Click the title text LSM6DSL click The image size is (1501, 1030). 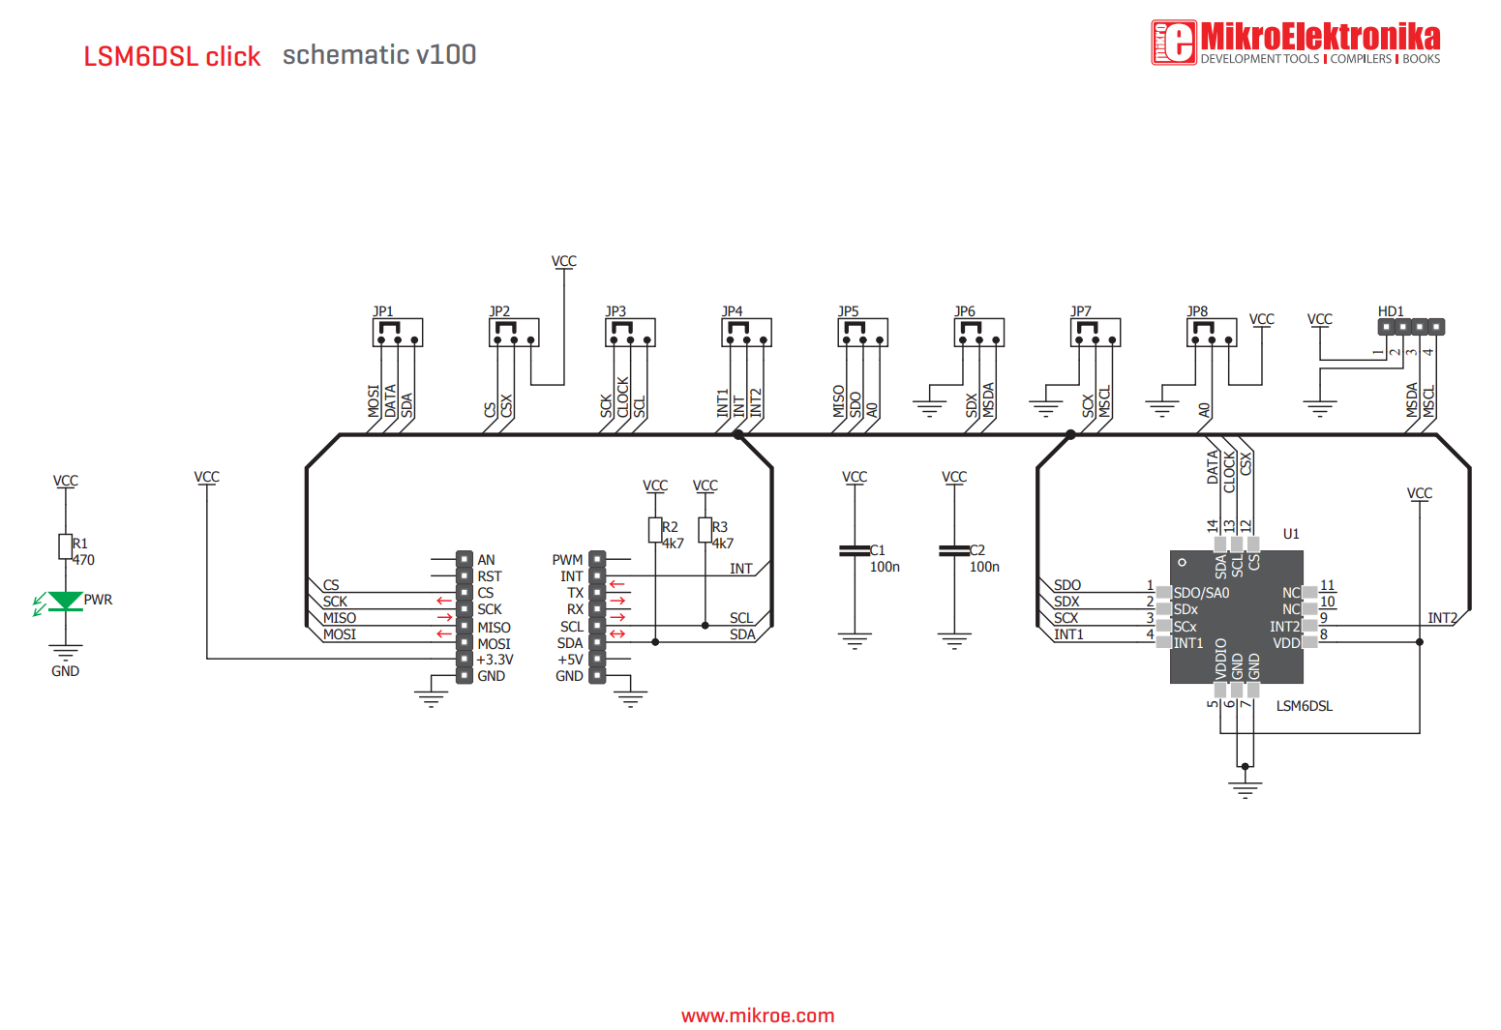[171, 56]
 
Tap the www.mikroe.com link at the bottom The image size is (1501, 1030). [757, 1015]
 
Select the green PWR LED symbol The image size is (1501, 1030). [65, 602]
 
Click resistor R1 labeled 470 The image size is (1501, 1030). [65, 546]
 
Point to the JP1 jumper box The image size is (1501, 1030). [397, 333]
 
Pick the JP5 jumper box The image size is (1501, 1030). [862, 333]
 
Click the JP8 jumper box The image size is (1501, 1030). [1211, 333]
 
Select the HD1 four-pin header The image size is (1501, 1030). [1410, 327]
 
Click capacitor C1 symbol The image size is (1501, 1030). [855, 550]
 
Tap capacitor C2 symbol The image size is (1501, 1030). [954, 550]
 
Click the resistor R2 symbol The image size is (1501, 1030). [655, 530]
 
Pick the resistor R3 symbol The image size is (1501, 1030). [705, 530]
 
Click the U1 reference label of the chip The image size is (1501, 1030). [1291, 534]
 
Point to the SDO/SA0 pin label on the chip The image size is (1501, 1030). [1201, 593]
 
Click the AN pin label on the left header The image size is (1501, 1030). [486, 560]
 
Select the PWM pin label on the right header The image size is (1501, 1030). [567, 560]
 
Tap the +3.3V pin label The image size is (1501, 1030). [495, 660]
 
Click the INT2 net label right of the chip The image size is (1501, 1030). [1442, 618]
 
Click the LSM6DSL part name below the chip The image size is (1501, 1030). [1304, 706]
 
